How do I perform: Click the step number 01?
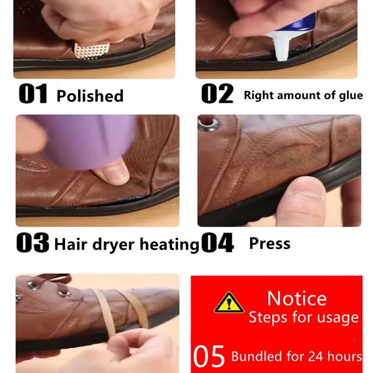coord(33,94)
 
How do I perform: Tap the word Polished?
coord(90,96)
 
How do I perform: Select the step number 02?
coord(217,94)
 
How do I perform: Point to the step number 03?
coord(33,243)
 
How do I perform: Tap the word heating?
coord(169,245)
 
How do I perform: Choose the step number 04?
coord(218,243)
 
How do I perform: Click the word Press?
coord(270,244)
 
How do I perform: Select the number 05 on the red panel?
coord(209,356)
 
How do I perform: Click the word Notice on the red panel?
coord(297,298)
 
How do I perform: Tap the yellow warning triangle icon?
coord(229,303)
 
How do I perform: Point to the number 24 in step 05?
coord(316,356)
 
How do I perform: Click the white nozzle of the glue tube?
coord(280,47)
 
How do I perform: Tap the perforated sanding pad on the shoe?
coord(92,51)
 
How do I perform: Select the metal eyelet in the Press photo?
coord(209,124)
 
